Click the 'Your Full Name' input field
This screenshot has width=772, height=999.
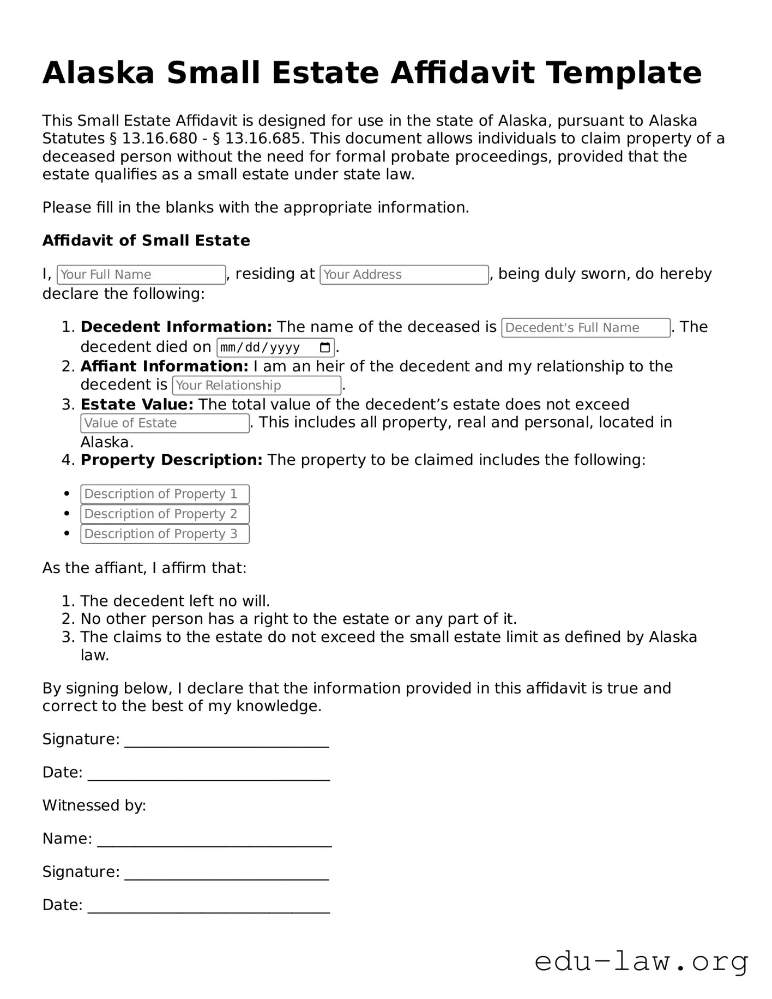[x=141, y=275]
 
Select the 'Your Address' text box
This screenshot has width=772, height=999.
[x=404, y=275]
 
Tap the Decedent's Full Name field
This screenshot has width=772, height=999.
[x=586, y=328]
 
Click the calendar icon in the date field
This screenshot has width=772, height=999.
[x=325, y=347]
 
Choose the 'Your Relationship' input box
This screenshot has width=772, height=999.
[x=257, y=386]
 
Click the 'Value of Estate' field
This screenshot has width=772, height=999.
[x=165, y=423]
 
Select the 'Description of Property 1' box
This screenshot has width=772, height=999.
[x=165, y=494]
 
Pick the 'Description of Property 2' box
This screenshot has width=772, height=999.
[x=165, y=514]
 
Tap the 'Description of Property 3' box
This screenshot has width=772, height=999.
[x=165, y=534]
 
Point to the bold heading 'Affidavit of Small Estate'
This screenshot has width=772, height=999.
[x=146, y=240]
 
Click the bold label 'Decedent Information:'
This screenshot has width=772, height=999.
[x=176, y=327]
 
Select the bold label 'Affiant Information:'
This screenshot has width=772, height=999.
[x=164, y=366]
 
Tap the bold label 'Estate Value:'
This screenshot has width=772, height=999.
[x=137, y=405]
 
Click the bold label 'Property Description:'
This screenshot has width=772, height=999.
[x=171, y=460]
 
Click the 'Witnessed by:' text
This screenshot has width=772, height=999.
[x=94, y=805]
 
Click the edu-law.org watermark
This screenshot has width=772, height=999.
[x=641, y=961]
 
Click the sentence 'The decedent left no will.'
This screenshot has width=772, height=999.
[x=175, y=601]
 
